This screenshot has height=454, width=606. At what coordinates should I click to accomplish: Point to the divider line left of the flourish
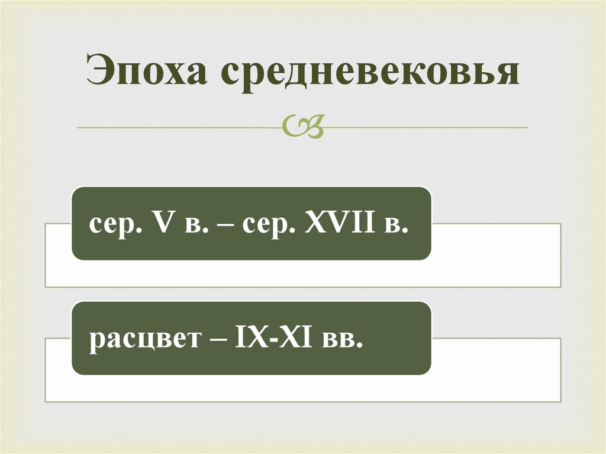pyautogui.click(x=178, y=127)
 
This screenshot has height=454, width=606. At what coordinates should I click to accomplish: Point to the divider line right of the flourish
pyautogui.click(x=426, y=127)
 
